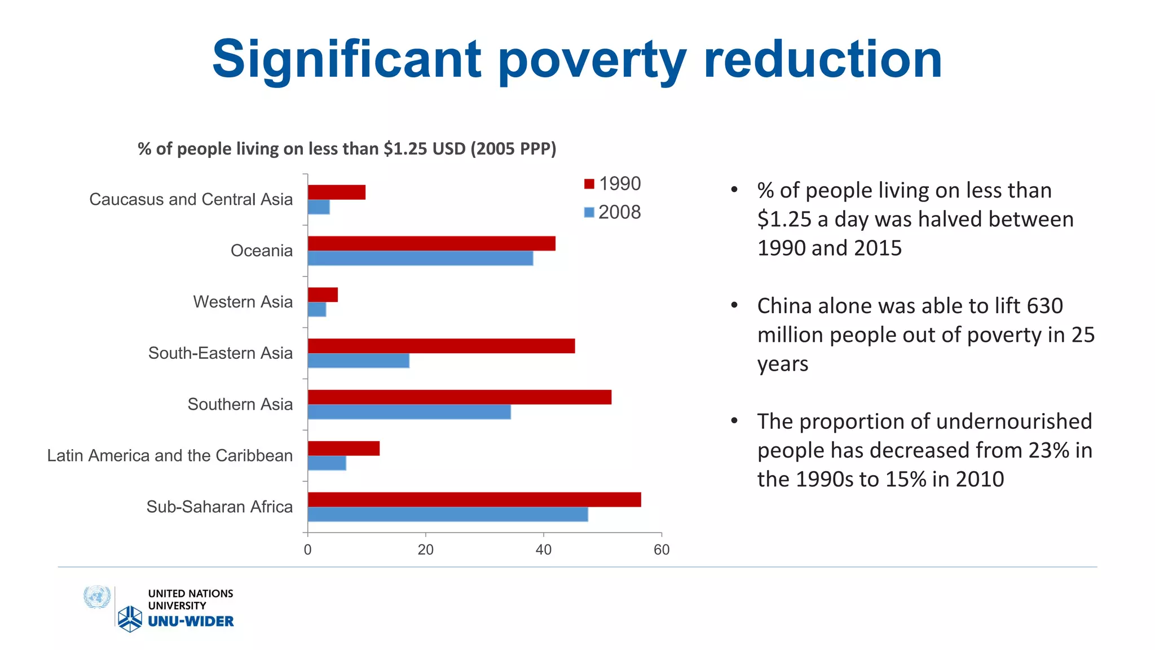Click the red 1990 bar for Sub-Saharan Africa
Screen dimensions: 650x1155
pos(474,499)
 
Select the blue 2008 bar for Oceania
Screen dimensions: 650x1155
pos(420,258)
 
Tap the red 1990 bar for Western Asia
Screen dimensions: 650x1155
pos(323,295)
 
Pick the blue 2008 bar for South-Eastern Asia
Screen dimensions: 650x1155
pos(358,361)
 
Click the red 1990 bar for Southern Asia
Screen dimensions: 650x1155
pos(460,397)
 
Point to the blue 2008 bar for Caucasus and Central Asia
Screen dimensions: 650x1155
pos(319,207)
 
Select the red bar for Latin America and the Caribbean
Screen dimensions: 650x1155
pos(343,449)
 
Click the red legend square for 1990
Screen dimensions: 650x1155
pos(589,184)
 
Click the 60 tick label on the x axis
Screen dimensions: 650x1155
pos(662,550)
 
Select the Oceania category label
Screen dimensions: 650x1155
pos(262,251)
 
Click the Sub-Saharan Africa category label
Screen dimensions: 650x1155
pos(219,507)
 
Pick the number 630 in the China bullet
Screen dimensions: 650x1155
pos(1045,306)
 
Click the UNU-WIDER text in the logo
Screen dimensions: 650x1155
pos(191,621)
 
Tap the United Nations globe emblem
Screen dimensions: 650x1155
pos(97,598)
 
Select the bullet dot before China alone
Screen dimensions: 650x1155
pos(734,305)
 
